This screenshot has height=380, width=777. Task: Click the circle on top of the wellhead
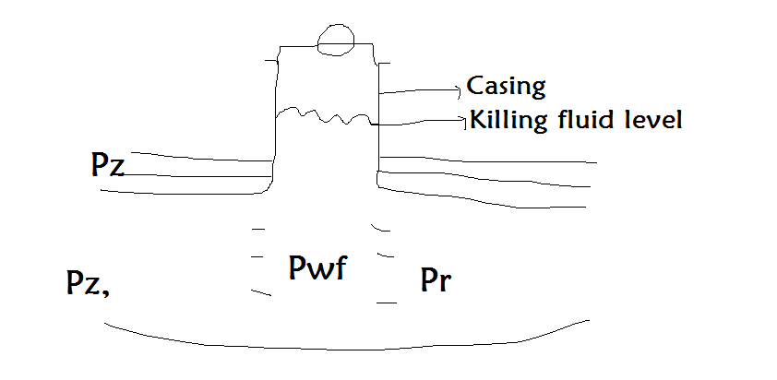(x=334, y=39)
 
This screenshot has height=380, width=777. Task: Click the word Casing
(x=507, y=87)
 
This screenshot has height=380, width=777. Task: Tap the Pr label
(x=436, y=279)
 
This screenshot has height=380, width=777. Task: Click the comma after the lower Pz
(x=110, y=292)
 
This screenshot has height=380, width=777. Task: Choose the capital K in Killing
(x=477, y=120)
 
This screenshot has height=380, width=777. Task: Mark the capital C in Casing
(x=475, y=87)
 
